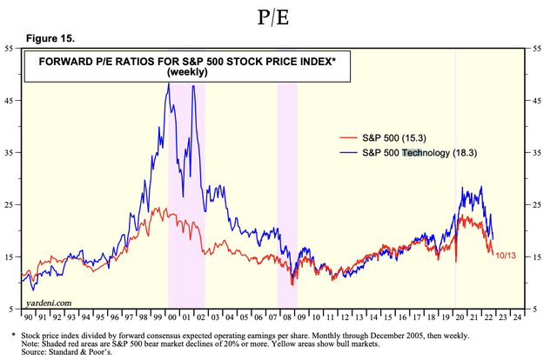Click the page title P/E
click(x=278, y=17)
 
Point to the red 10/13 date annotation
click(x=507, y=256)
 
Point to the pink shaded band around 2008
click(x=286, y=174)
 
